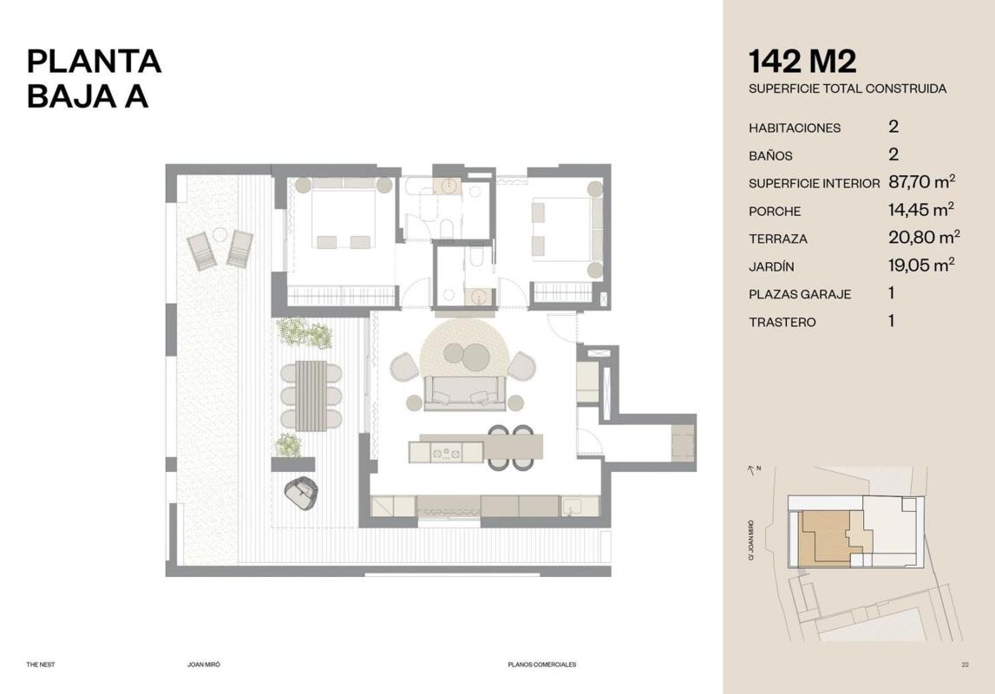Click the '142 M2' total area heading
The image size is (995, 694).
click(x=802, y=62)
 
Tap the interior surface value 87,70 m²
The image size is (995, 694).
click(x=922, y=182)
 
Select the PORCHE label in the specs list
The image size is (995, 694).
click(x=775, y=212)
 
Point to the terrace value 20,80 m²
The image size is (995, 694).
click(x=924, y=237)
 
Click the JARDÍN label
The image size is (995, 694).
click(x=771, y=266)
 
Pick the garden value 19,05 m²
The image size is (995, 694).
click(x=921, y=265)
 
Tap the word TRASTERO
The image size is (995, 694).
click(x=782, y=322)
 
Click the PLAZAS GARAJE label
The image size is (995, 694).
click(x=800, y=294)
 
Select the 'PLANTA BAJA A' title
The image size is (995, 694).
click(x=94, y=79)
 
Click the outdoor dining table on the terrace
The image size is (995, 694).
click(x=311, y=396)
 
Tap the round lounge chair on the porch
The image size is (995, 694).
click(x=301, y=492)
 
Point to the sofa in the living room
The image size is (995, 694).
click(x=465, y=393)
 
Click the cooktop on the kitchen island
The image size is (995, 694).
click(x=446, y=453)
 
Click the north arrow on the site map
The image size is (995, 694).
click(x=752, y=470)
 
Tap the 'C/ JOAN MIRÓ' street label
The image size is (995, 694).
click(x=751, y=540)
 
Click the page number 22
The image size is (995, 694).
click(x=966, y=665)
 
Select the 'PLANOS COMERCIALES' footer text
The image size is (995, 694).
click(x=542, y=665)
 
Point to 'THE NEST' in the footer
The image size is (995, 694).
click(x=41, y=665)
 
